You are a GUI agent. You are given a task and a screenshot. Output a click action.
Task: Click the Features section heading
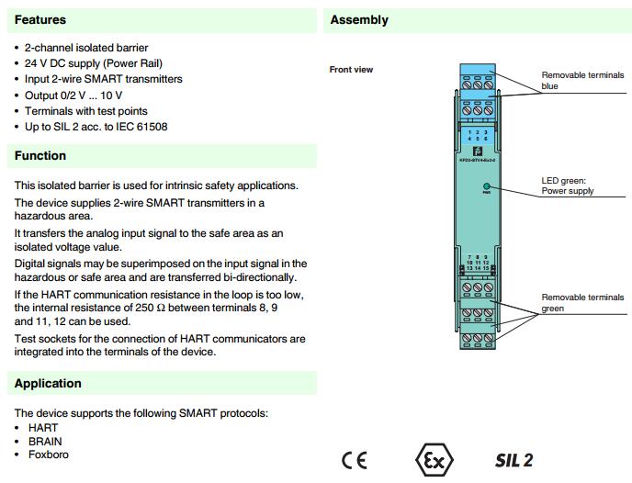click(40, 19)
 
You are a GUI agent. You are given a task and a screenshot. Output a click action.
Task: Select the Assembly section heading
click(359, 19)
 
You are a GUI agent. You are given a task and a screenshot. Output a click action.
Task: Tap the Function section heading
click(40, 156)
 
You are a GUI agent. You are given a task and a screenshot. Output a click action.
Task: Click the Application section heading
click(48, 384)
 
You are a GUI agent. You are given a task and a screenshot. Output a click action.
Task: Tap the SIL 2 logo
click(513, 460)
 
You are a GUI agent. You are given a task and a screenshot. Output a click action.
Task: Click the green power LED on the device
click(486, 186)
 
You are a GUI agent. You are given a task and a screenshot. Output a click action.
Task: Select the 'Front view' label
click(351, 70)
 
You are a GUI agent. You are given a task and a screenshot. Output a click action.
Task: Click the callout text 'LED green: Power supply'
click(568, 185)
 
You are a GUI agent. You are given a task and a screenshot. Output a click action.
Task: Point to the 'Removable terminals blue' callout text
click(581, 81)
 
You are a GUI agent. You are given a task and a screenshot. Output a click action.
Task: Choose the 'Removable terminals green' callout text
click(581, 303)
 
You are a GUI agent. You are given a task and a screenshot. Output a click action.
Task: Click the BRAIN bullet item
click(45, 441)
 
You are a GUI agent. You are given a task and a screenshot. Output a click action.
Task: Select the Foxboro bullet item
click(49, 454)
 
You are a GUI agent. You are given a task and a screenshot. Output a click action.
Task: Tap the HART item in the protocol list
click(43, 428)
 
